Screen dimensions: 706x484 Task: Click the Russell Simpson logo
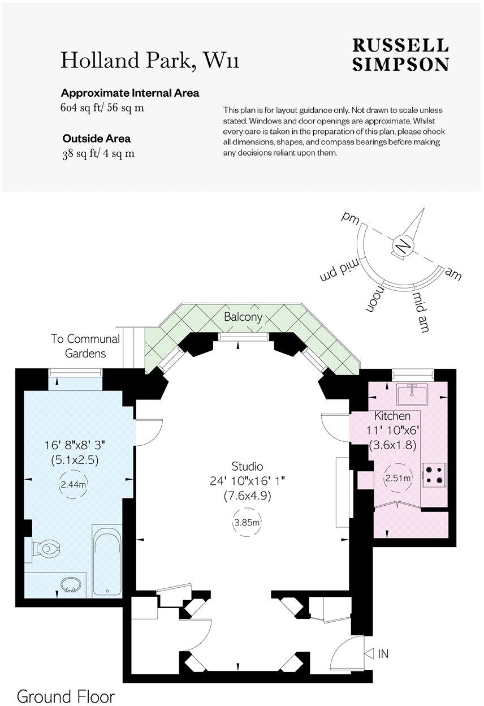(x=400, y=55)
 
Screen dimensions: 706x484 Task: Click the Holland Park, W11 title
(x=150, y=60)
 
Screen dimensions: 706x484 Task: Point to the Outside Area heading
(x=97, y=139)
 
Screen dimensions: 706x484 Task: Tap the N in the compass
(x=402, y=247)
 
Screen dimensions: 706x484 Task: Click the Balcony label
(x=243, y=317)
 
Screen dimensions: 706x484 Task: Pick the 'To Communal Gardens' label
(x=85, y=346)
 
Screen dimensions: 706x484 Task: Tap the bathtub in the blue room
(x=107, y=561)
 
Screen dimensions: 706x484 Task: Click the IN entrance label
(x=383, y=654)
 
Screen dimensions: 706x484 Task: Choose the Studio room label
(x=247, y=467)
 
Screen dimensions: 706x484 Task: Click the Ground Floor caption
(x=66, y=696)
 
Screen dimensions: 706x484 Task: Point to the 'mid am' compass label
(x=421, y=312)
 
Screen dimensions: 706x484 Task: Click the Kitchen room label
(x=388, y=416)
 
